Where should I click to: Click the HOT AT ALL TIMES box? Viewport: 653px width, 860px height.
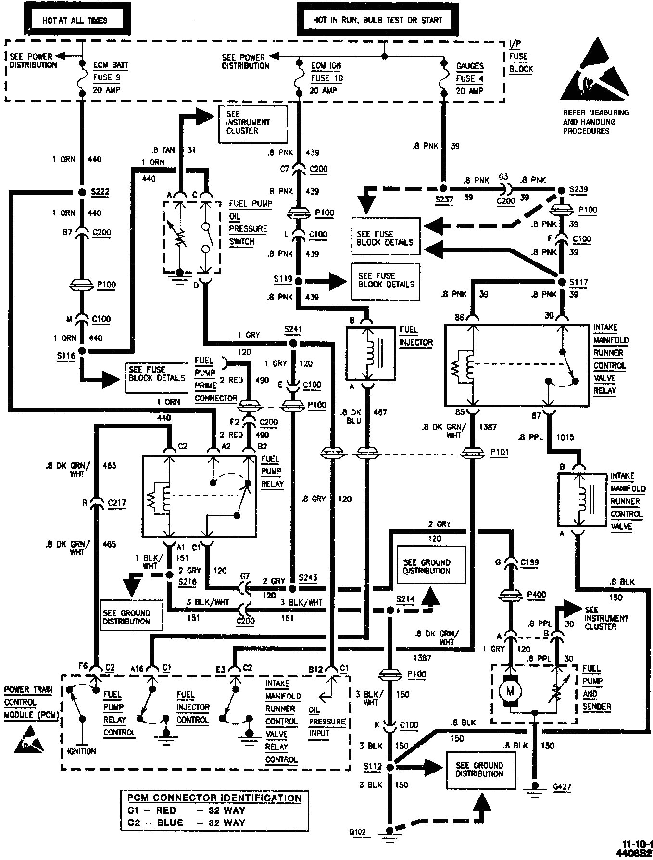click(x=75, y=21)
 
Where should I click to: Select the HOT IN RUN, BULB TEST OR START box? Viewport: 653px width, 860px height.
click(x=377, y=20)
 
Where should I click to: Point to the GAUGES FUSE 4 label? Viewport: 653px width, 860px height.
click(x=469, y=78)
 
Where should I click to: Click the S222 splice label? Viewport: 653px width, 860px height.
click(x=100, y=192)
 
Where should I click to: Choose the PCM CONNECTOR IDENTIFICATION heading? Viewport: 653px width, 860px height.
click(x=214, y=798)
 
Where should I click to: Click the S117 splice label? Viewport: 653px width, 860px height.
click(x=578, y=282)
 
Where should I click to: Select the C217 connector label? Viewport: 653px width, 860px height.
click(x=117, y=503)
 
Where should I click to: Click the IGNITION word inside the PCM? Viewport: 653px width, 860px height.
click(x=82, y=751)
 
